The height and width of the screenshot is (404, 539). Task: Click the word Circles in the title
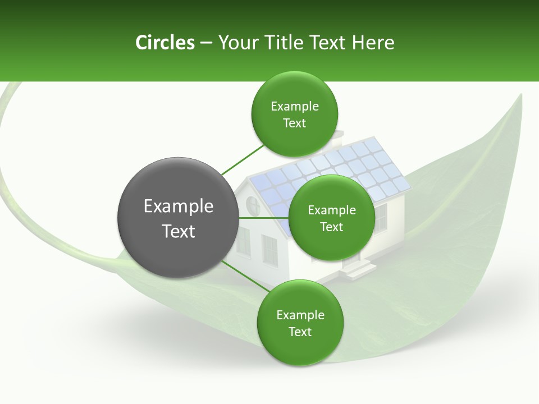[x=165, y=43]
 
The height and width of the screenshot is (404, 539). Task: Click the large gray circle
[x=178, y=218]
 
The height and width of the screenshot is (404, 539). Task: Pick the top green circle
[x=294, y=114]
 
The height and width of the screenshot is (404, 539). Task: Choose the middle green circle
[x=331, y=218]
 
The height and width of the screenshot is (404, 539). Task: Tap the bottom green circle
[x=300, y=323]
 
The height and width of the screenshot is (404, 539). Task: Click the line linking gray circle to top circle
[x=243, y=159]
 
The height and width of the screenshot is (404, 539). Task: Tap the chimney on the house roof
[x=337, y=137]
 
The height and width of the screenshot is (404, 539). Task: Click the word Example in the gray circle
[x=178, y=206]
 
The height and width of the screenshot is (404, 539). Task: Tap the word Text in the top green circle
[x=294, y=123]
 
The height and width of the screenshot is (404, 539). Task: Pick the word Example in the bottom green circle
[x=300, y=315]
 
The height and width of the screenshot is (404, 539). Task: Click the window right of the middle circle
[x=381, y=218]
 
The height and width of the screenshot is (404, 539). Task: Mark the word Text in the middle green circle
[x=331, y=227]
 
